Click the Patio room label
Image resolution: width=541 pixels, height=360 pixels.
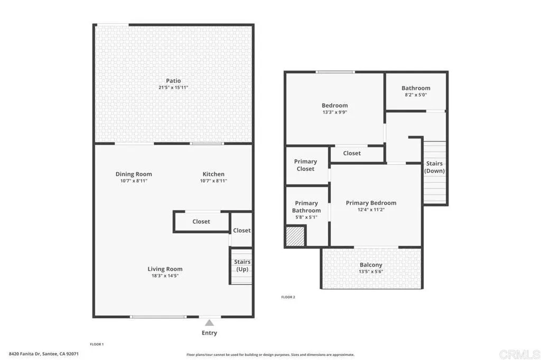tap(173, 81)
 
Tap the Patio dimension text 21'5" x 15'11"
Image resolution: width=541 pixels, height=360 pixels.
tap(173, 88)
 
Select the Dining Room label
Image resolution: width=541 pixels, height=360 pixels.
tap(134, 174)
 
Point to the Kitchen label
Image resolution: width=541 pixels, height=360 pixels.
tap(213, 174)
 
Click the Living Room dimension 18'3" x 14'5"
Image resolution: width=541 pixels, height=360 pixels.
tap(165, 276)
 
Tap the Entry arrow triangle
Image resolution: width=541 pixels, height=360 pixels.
tap(209, 323)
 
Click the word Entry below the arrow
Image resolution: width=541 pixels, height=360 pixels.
tap(209, 333)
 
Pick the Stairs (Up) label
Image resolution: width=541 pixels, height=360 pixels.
tap(242, 266)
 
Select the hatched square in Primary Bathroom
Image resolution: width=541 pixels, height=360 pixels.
tap(295, 236)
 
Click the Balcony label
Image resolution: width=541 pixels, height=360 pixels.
tap(371, 265)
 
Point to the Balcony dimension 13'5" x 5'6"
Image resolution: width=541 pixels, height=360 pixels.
tap(371, 272)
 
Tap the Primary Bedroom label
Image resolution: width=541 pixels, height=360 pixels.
tap(371, 203)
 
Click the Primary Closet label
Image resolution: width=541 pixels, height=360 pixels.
tap(305, 165)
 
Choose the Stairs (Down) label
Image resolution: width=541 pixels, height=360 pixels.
tap(434, 167)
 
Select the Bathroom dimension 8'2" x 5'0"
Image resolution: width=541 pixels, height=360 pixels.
tap(416, 95)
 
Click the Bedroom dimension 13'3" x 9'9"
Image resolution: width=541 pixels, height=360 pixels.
tap(335, 112)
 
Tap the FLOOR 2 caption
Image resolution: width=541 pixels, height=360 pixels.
tap(288, 297)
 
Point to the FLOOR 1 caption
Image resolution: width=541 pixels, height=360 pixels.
tap(97, 344)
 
